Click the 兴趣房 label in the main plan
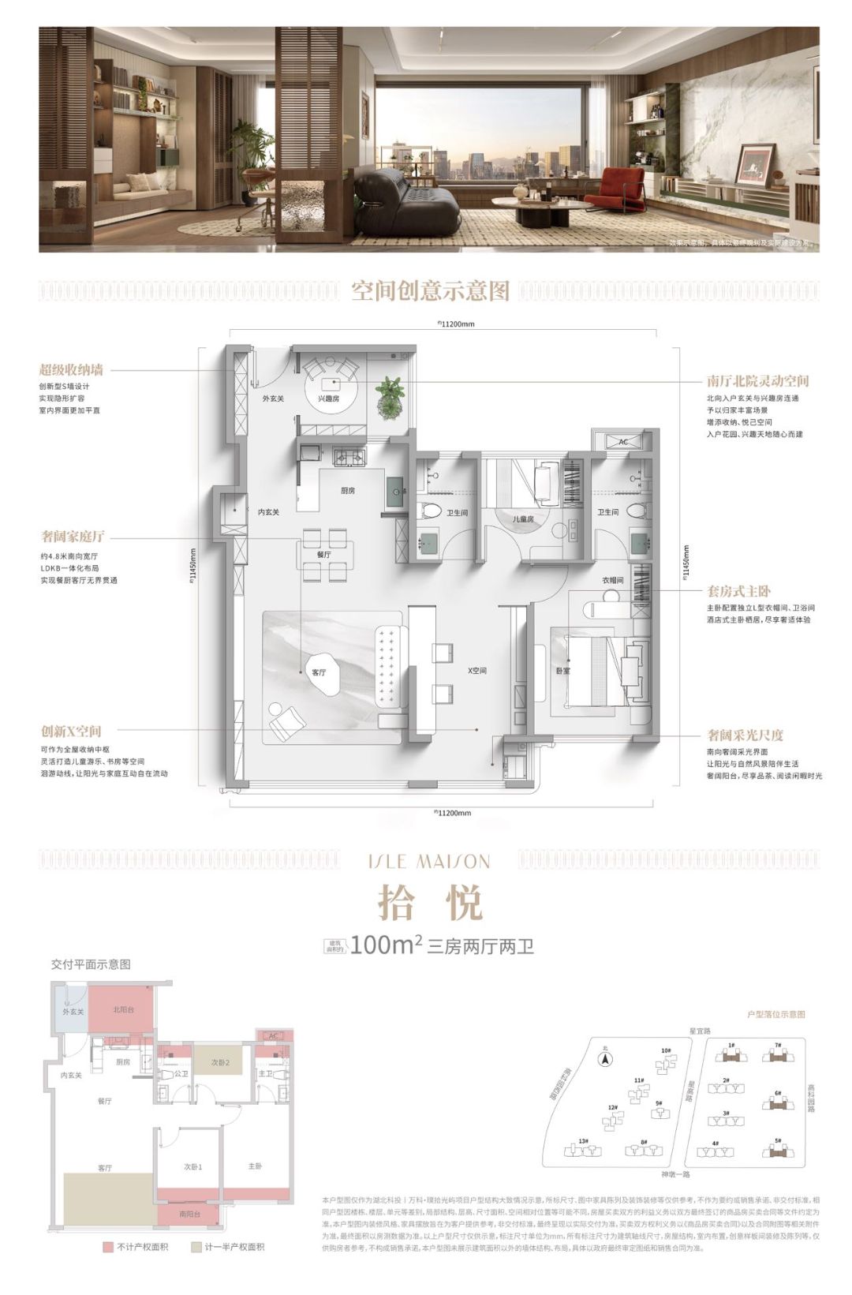329,399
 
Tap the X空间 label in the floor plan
477,671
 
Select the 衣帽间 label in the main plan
613,580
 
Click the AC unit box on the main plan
623,442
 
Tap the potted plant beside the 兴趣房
390,391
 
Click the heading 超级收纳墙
71,369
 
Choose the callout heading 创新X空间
71,732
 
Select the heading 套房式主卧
739,591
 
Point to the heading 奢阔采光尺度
745,735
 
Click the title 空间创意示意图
431,291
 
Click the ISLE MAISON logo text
430,861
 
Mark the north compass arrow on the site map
605,1060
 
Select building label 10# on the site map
667,1051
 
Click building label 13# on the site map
583,1140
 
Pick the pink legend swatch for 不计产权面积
108,1247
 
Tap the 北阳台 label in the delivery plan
122,1009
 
